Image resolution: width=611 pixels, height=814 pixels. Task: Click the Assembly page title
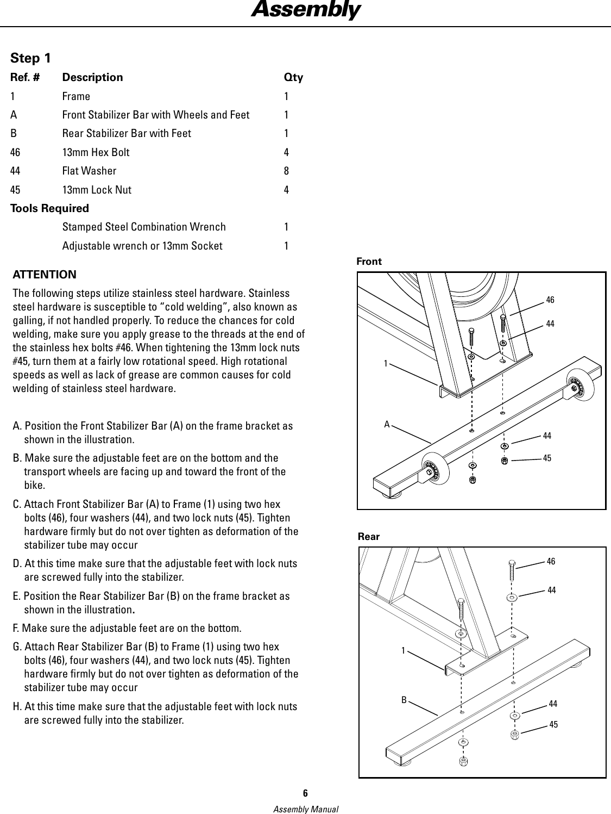[x=305, y=10]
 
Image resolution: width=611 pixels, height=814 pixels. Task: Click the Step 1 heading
[x=32, y=58]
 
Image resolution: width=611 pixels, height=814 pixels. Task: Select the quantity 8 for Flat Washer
[x=286, y=171]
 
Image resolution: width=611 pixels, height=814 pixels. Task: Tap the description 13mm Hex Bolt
[x=96, y=152]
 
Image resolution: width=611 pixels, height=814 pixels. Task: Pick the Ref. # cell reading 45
[x=15, y=190]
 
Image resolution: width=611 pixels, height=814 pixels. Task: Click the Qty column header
[x=293, y=77]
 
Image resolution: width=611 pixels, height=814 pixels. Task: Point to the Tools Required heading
[x=49, y=208]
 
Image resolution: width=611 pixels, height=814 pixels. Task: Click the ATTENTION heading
[x=45, y=275]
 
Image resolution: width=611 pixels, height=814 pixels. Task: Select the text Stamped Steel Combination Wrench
[x=144, y=227]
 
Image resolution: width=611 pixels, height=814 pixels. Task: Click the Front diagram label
[x=369, y=262]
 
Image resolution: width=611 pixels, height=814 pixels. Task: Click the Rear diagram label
[x=369, y=537]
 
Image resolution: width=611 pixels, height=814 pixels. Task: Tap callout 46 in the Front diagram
[x=550, y=300]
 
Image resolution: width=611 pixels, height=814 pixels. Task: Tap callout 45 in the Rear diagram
[x=553, y=725]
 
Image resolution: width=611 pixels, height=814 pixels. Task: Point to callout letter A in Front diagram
[x=387, y=424]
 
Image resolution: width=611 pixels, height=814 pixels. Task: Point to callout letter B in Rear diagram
[x=404, y=700]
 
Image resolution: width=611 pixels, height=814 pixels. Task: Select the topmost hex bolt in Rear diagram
[x=511, y=569]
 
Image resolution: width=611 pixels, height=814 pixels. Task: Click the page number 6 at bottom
[x=305, y=793]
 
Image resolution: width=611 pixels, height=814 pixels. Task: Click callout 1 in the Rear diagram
[x=403, y=650]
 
